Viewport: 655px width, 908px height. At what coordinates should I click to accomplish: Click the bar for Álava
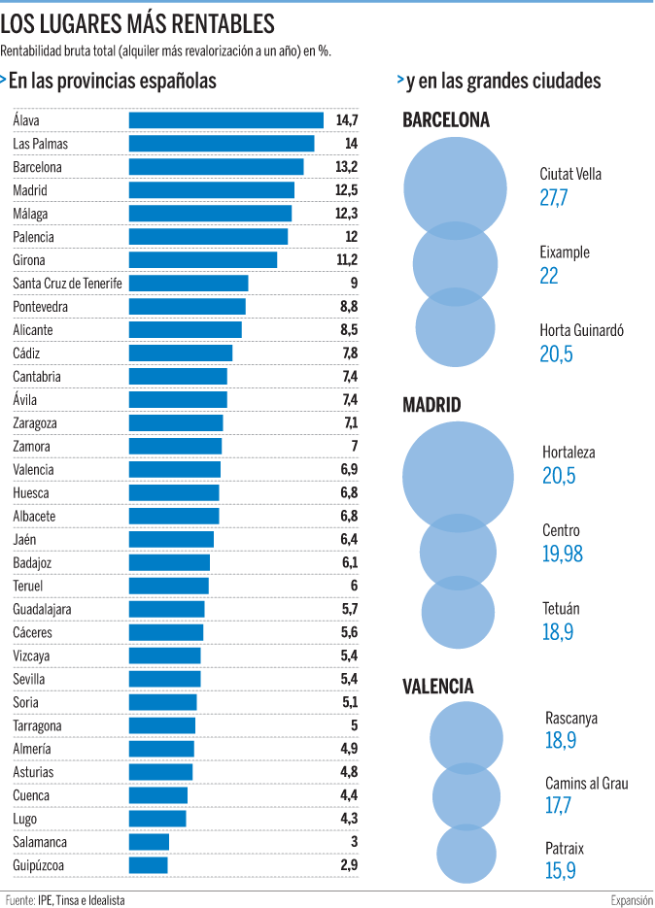(225, 120)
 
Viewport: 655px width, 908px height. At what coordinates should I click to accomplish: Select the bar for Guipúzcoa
(149, 865)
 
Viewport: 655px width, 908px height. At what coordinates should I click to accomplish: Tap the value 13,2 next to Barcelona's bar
(347, 167)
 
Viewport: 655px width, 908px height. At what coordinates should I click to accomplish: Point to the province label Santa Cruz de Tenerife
(68, 284)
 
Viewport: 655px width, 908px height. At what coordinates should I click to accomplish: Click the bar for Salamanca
(150, 842)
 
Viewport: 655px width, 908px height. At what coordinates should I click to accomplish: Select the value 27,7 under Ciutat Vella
(554, 198)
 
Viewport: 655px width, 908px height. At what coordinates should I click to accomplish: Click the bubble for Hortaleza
(458, 475)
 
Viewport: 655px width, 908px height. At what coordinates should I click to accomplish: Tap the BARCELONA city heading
(446, 120)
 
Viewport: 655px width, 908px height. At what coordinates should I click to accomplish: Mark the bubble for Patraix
(466, 855)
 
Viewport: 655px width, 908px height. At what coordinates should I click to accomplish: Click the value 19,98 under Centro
(563, 554)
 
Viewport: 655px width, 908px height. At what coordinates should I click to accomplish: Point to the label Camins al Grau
(587, 784)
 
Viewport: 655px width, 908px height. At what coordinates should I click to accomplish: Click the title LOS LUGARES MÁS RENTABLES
(138, 24)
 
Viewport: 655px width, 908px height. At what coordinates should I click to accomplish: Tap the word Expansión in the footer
(632, 900)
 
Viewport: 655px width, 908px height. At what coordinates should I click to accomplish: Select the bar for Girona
(203, 260)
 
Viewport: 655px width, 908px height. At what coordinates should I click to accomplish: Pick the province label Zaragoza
(35, 423)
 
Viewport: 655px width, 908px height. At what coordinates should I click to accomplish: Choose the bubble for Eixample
(455, 263)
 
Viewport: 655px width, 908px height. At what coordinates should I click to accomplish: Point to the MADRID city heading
(431, 406)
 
